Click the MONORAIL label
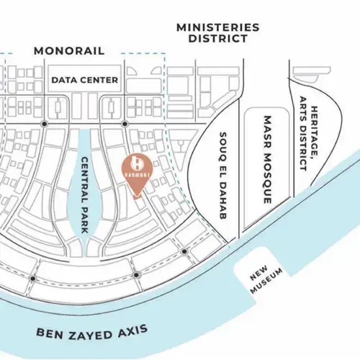point(69,51)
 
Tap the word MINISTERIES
point(218,27)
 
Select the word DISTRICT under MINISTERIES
point(218,39)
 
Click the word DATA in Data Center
point(62,80)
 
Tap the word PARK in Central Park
point(85,221)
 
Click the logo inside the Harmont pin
point(137,163)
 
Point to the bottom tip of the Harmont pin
point(137,197)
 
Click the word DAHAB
point(223,203)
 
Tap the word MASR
point(268,132)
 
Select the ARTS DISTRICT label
point(303,133)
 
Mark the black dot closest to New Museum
point(184,251)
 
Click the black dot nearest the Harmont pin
point(125,124)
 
